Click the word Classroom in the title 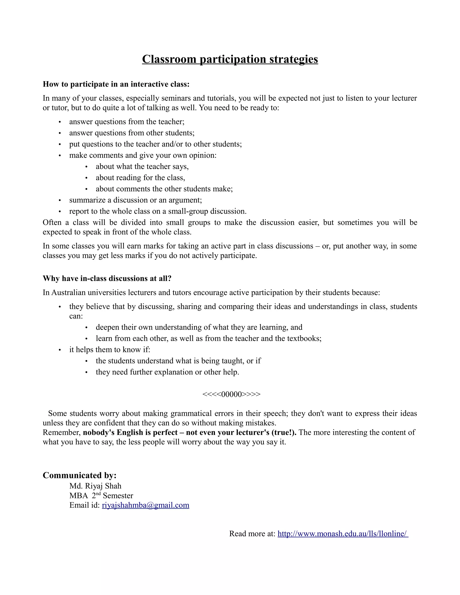(x=169, y=59)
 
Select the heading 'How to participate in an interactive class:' (x=116, y=84)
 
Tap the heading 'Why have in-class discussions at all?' (x=107, y=278)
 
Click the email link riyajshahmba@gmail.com (x=146, y=505)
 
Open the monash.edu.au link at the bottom (x=343, y=534)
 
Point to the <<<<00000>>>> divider (x=231, y=394)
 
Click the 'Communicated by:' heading (x=80, y=475)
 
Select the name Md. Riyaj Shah (x=95, y=486)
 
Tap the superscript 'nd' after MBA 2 (x=98, y=493)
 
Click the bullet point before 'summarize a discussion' (x=60, y=201)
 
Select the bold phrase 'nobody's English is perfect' (x=130, y=432)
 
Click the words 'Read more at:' (x=252, y=534)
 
